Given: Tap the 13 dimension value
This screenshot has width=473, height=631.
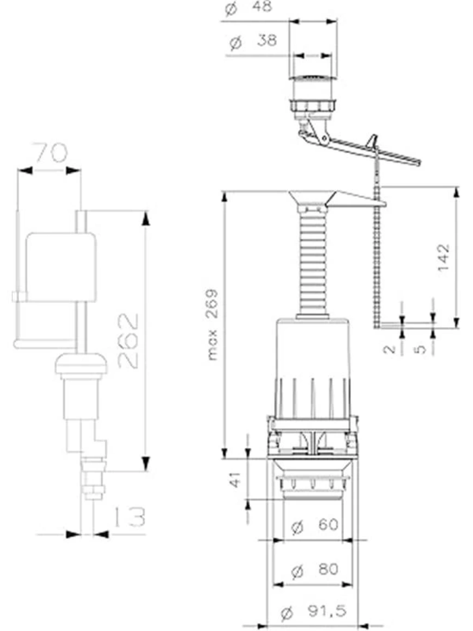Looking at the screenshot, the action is [x=130, y=517].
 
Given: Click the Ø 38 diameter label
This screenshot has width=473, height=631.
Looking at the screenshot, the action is [x=253, y=42].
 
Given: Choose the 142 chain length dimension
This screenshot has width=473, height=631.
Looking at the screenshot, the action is [x=443, y=257].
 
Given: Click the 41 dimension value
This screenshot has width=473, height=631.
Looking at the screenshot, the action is [x=235, y=479].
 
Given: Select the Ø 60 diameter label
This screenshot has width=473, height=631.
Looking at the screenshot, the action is [x=314, y=526].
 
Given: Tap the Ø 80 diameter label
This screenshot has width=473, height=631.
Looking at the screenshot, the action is [x=314, y=570].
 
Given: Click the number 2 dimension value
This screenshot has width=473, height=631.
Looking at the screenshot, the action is [x=389, y=349].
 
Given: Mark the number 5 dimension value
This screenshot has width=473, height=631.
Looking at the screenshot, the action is [x=420, y=349].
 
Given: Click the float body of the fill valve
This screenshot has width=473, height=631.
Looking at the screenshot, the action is [x=61, y=267].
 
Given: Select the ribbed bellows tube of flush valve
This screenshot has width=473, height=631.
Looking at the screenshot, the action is [x=313, y=266].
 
